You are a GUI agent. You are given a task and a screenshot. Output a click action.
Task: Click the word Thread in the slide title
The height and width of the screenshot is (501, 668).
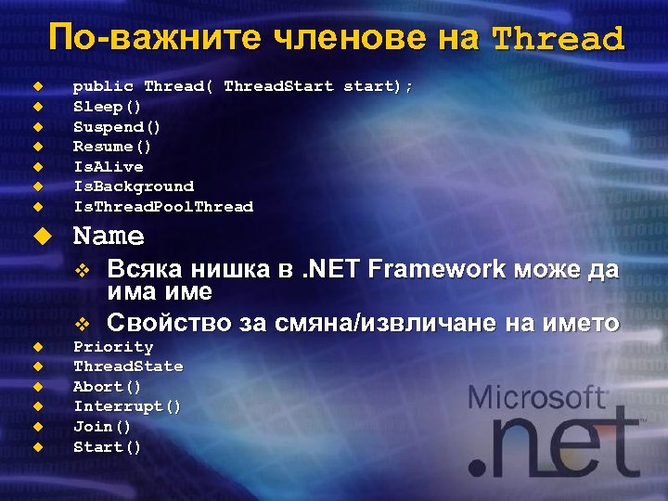558,39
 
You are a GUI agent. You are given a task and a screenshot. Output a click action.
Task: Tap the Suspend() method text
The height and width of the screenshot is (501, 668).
117,126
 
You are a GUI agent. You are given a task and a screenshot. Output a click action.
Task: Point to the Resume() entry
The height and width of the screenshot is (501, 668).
112,147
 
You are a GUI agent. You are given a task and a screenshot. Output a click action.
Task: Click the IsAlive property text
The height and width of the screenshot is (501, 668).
109,167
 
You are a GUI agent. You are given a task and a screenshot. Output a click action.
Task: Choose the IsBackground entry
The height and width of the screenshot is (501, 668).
134,186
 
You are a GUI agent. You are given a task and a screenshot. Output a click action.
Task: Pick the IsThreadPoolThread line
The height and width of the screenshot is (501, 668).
163,207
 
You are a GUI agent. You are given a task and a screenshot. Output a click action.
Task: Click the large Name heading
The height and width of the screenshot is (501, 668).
109,237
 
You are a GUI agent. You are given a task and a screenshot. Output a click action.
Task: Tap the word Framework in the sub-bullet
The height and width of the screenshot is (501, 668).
437,270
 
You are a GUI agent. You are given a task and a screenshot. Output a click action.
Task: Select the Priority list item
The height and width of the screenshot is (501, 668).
113,347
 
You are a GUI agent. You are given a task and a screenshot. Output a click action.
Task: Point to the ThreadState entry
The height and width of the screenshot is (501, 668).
128,366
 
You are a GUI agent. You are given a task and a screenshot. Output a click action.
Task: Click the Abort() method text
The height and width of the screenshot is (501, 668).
108,387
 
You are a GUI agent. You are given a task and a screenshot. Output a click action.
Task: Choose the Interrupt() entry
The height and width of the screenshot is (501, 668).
128,406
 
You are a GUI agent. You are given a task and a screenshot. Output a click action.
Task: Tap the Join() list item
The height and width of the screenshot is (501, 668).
102,427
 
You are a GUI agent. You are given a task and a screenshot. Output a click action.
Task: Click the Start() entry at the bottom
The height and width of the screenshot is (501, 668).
108,447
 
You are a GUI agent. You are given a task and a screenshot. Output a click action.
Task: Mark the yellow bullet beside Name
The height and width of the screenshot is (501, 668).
39,236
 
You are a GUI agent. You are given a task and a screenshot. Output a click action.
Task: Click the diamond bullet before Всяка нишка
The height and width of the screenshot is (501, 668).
82,271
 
